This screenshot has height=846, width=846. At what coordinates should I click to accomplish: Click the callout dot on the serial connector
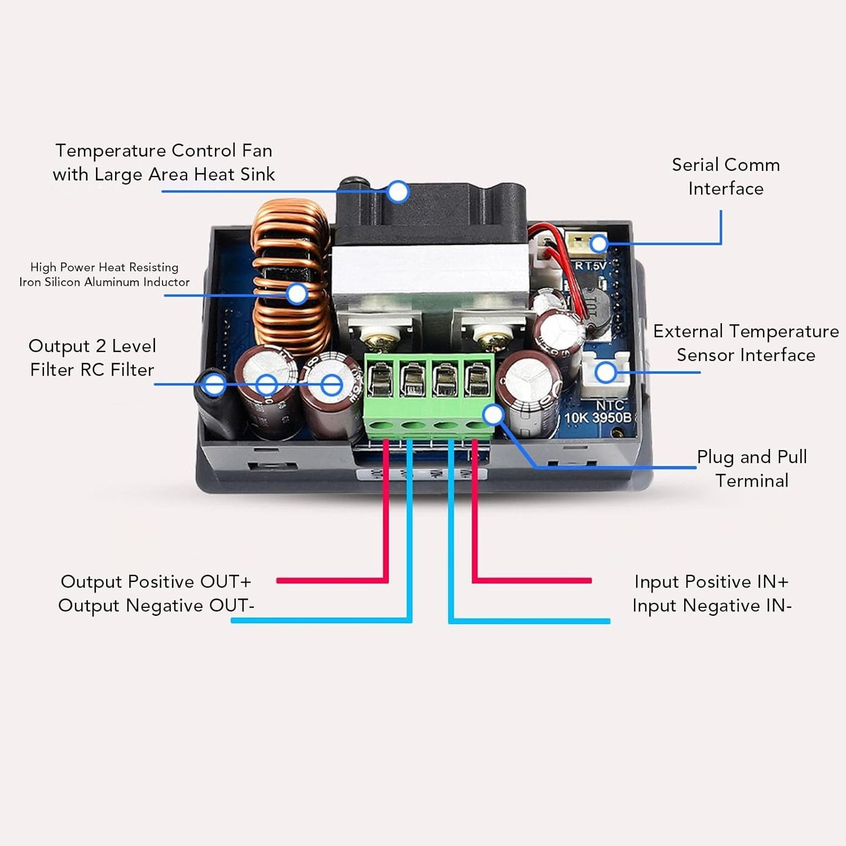point(599,244)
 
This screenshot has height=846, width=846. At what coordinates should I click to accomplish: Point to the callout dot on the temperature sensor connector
point(606,372)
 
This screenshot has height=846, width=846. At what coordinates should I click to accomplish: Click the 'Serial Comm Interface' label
point(726,177)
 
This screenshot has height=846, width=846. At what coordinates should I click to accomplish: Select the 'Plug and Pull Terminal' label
point(752,469)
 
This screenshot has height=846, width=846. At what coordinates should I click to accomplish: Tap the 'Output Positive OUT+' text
point(156,581)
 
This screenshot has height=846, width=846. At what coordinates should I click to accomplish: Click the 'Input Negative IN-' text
point(712,606)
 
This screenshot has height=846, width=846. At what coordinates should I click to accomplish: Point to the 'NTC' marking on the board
point(610,406)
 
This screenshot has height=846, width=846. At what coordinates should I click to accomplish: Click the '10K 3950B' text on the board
point(598,418)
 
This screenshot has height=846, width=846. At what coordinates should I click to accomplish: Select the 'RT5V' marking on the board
point(590,266)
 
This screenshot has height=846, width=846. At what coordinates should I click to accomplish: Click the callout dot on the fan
point(398,192)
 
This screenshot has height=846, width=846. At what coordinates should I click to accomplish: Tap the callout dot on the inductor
point(297,294)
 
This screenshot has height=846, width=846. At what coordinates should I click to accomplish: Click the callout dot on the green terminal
point(493,415)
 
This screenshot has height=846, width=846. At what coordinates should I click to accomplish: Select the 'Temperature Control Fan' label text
point(164,151)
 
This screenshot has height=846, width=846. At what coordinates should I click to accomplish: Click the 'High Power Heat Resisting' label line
point(104,267)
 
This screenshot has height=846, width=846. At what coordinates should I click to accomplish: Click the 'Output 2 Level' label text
point(92,346)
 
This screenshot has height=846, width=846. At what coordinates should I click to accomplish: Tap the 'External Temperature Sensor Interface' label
point(746,343)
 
